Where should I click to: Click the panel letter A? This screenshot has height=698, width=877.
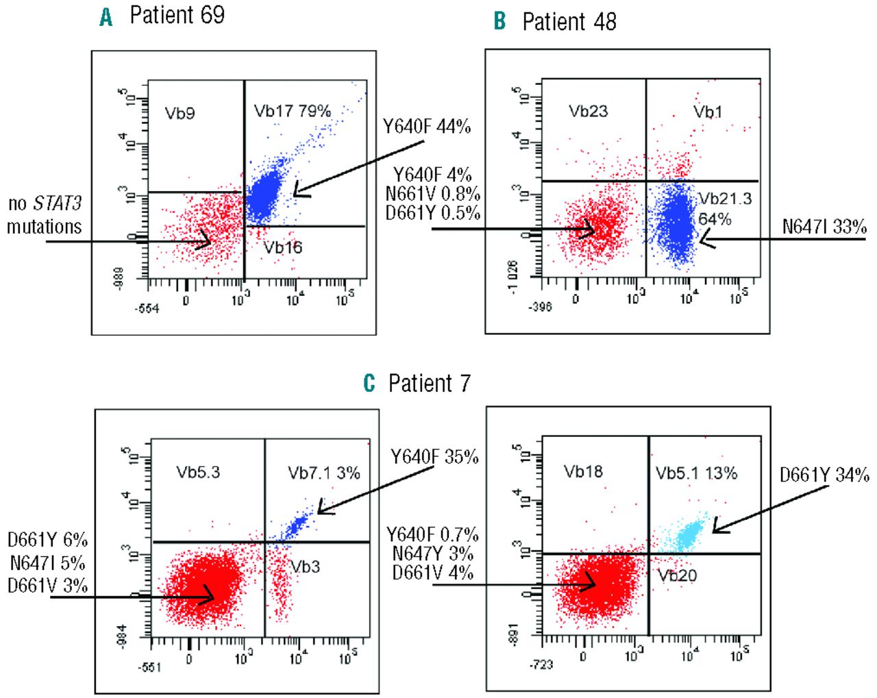point(106,16)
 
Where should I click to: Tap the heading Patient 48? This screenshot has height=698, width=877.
point(569,22)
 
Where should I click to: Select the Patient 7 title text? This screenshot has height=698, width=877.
point(429,383)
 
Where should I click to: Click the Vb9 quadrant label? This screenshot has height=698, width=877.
point(180,113)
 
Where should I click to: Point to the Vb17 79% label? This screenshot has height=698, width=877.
point(293,111)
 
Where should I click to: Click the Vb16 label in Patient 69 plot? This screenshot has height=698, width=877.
point(283,247)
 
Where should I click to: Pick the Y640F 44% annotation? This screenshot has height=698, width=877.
point(426,126)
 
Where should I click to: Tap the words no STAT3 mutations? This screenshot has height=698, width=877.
point(45,215)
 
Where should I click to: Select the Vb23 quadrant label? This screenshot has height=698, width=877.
point(588,111)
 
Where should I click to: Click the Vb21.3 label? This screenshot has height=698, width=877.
point(725,199)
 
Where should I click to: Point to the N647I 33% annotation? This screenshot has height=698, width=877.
point(824,227)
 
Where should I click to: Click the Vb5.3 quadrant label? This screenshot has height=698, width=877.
point(198,472)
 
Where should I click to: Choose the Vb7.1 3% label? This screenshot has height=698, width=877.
point(323,473)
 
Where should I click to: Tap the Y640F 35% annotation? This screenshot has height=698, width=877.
point(434,457)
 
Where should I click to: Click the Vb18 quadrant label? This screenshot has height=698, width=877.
point(583,471)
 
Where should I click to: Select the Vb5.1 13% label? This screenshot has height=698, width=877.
point(696,473)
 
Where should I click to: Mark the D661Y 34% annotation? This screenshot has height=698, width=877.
point(824,474)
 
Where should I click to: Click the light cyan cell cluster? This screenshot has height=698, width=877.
point(686,533)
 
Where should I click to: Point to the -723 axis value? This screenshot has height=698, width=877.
point(541,664)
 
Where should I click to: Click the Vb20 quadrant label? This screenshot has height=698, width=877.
point(677,575)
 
